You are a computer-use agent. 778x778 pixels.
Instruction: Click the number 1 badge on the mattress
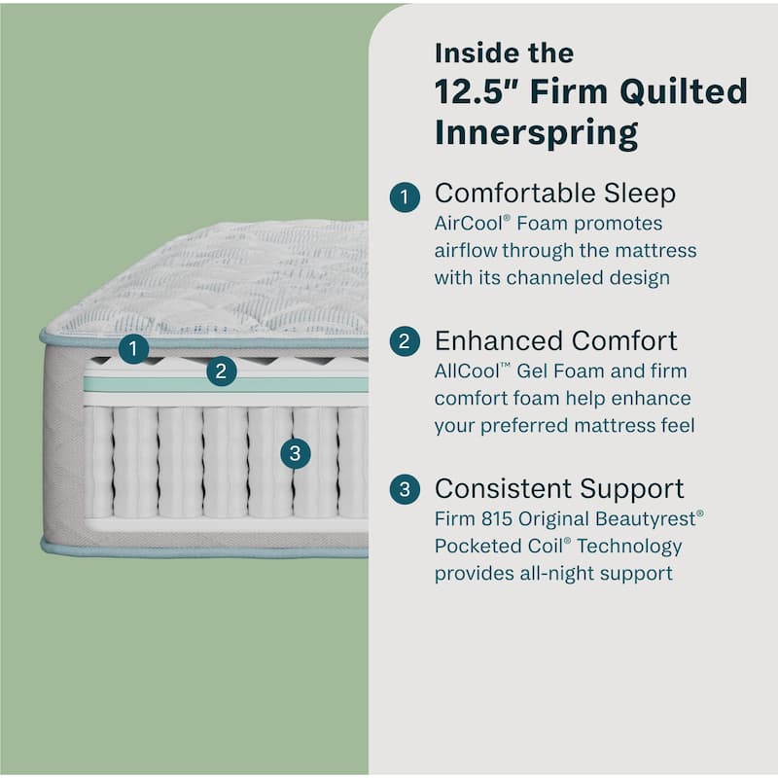pyautogui.click(x=134, y=349)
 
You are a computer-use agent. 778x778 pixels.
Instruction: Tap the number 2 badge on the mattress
pyautogui.click(x=222, y=371)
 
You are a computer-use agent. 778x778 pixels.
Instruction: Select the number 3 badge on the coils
pyautogui.click(x=296, y=452)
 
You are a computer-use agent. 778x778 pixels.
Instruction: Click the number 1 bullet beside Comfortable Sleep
pyautogui.click(x=405, y=196)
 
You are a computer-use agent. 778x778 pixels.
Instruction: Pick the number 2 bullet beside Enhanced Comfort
pyautogui.click(x=405, y=342)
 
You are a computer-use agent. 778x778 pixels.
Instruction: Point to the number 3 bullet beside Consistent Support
pyautogui.click(x=405, y=489)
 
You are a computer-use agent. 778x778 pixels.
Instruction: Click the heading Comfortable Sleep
pyautogui.click(x=554, y=194)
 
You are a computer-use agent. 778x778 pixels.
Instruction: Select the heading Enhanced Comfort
pyautogui.click(x=555, y=341)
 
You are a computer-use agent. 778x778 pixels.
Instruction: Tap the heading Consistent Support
pyautogui.click(x=559, y=488)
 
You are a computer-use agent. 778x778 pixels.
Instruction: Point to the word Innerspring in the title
pyautogui.click(x=536, y=132)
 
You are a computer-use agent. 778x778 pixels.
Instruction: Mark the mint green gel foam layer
pyautogui.click(x=224, y=384)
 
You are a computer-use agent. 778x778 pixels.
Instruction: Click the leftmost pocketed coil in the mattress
pyautogui.click(x=98, y=462)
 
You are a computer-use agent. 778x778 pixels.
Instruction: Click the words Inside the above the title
pyautogui.click(x=504, y=52)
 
